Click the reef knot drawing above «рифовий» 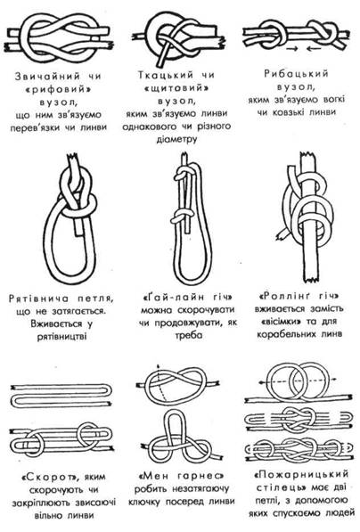(x=60, y=38)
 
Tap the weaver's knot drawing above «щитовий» (x=179, y=39)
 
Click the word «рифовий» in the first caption (x=58, y=89)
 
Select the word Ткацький (x=165, y=75)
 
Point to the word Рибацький (x=296, y=74)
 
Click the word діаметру (x=176, y=139)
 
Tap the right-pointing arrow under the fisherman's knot (x=295, y=49)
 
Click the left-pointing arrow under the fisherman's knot (x=314, y=49)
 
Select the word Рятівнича (x=38, y=299)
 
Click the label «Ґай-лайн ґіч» (x=187, y=298)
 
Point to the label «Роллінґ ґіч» (x=299, y=296)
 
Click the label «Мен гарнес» (x=182, y=476)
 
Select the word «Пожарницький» (x=301, y=474)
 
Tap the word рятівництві (x=62, y=337)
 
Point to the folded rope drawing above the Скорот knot (x=61, y=396)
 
